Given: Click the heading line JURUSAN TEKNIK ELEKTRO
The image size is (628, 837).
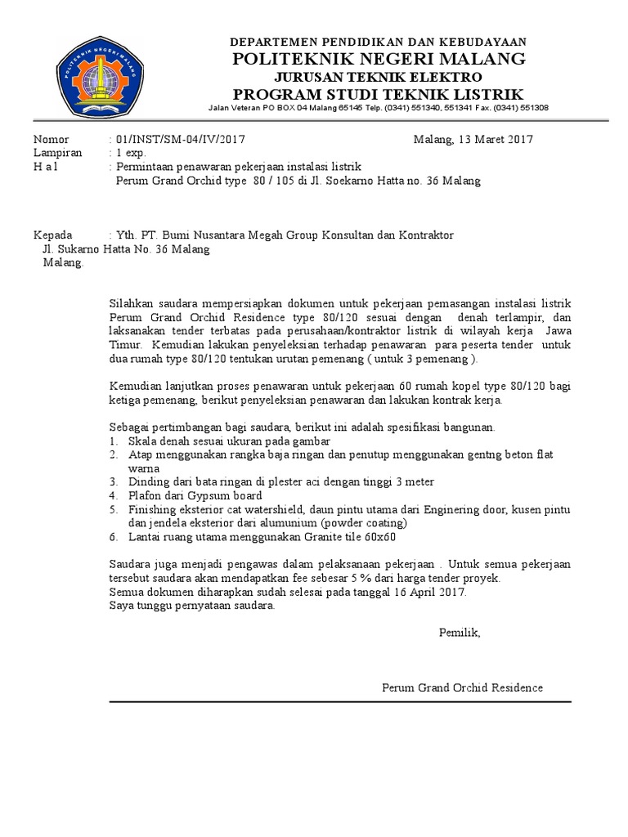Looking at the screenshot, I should coord(378,76).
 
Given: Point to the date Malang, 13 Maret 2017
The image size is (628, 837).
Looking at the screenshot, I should coord(473,139).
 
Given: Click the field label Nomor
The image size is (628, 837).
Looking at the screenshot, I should coord(51,139).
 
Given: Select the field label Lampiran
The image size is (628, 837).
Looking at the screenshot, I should coord(57,153).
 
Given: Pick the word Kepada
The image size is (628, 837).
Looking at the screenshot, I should coord(52,235).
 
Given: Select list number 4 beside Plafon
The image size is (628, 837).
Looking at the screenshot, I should coord(113,495).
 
